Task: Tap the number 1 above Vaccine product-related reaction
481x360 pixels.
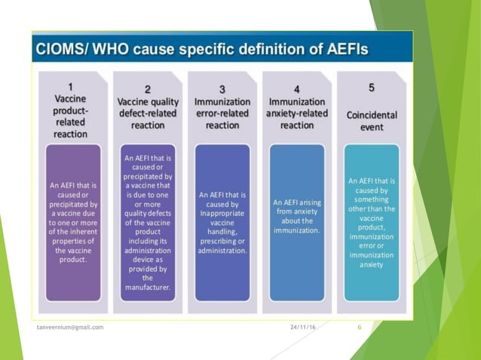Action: pos(70,87)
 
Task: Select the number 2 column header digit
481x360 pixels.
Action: pos(147,90)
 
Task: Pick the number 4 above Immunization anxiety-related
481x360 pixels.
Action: pos(296,89)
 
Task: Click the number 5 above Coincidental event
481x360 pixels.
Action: pos(371,87)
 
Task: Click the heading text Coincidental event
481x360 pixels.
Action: pos(371,121)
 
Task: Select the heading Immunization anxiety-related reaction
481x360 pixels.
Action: pos(296,114)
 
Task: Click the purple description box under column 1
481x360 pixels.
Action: pos(73,222)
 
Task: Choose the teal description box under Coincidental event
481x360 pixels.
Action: pos(371,222)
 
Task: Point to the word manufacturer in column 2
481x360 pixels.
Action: pos(147,287)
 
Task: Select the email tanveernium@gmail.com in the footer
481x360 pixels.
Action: pos(71,328)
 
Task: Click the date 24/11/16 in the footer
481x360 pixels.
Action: pos(302,328)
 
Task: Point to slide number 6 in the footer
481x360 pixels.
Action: pos(359,328)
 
